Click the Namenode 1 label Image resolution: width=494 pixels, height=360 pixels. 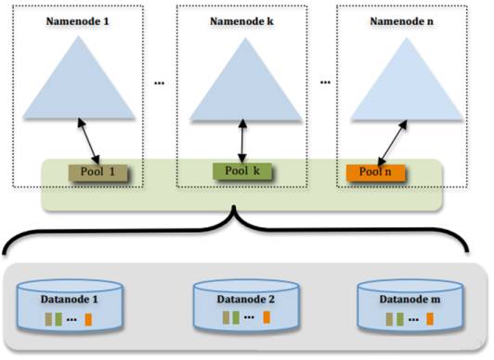pos(77,21)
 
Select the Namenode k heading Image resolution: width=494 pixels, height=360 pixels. pos(241,21)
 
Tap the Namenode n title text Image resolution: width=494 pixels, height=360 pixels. pos(402,21)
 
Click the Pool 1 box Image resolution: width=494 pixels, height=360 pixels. pos(98,173)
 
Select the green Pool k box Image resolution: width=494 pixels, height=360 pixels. pos(242,172)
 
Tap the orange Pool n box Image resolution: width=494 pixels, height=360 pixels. pos(375,173)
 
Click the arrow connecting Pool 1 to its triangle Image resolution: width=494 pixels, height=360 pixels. pos(89,141)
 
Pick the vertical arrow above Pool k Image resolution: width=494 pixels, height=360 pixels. pos(242,141)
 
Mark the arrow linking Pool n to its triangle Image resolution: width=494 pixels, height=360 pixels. pos(393,143)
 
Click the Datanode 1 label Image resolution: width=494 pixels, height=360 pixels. pos(70,300)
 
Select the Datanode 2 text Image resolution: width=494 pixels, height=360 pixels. pos(246,300)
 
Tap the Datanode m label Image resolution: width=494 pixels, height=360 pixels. pos(409,300)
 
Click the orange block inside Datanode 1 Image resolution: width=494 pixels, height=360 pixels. pos(88,319)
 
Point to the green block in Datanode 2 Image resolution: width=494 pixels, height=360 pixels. pos(236,317)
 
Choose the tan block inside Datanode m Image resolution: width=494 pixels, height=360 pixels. pos(389,319)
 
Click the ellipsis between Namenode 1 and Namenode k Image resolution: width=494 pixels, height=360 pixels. pos(159,84)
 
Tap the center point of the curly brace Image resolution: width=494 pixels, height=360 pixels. pos(234,208)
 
